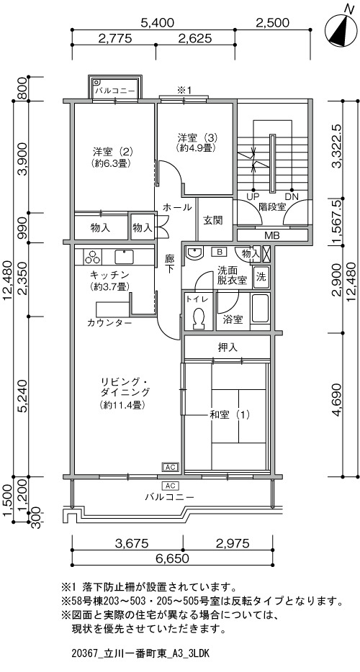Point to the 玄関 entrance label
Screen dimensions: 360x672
coord(212,220)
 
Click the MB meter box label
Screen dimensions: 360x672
coord(271,235)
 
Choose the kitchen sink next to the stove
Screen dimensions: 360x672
coord(124,257)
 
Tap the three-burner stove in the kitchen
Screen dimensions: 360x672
coord(93,257)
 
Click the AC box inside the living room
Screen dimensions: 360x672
coord(170,467)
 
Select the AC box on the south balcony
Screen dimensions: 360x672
coord(170,486)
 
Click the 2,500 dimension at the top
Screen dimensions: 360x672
coord(272,22)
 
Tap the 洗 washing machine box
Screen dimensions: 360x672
coord(261,277)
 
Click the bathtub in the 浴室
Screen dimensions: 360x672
coord(261,309)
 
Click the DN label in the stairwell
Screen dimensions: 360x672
coord(292,196)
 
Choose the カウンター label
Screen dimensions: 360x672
coord(109,322)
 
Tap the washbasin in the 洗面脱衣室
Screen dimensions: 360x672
coord(196,254)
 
